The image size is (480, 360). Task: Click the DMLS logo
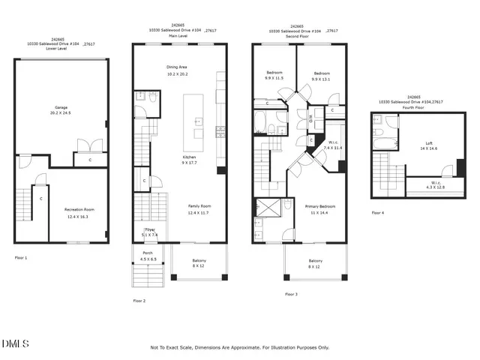15,343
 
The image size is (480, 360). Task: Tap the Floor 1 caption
21,257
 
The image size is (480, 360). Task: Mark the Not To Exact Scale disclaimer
239,347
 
